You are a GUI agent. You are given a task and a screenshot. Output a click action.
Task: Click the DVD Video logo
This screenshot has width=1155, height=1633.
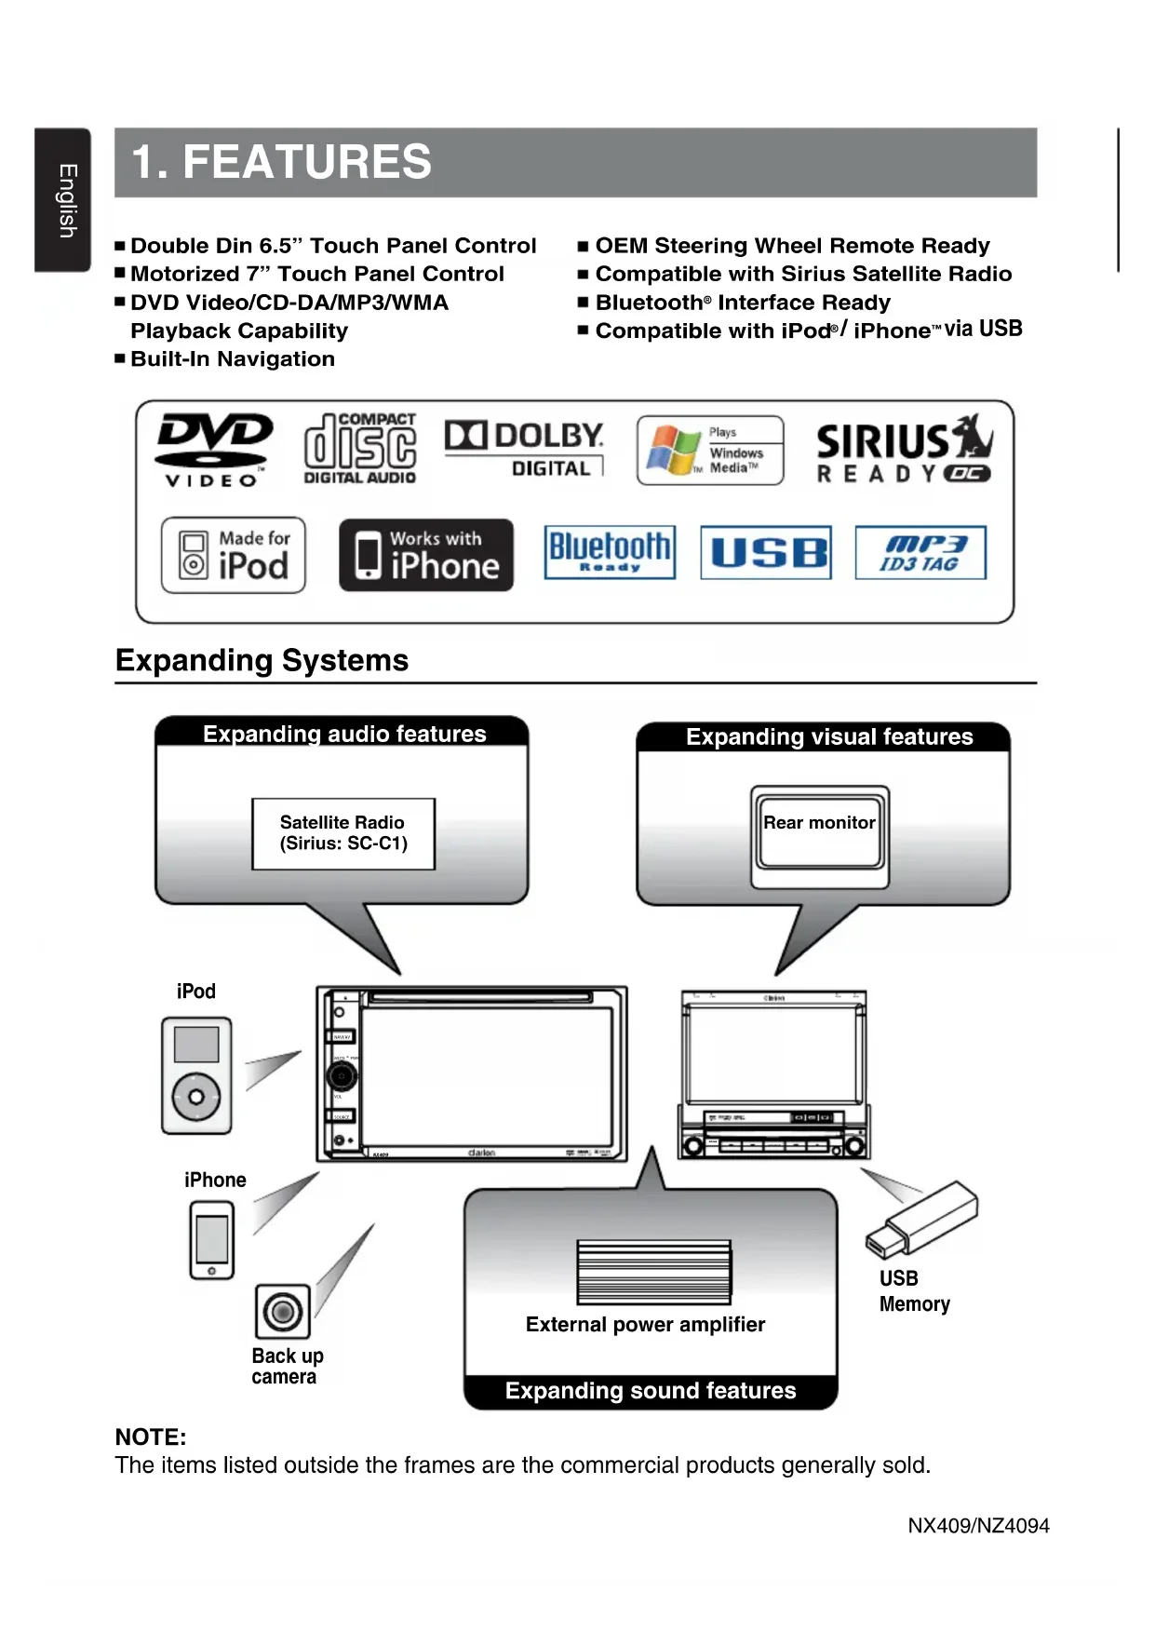(213, 450)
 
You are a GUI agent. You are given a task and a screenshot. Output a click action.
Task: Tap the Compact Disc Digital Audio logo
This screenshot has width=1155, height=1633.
(359, 449)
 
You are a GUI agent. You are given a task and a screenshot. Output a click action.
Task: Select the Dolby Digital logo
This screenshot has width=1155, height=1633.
(524, 449)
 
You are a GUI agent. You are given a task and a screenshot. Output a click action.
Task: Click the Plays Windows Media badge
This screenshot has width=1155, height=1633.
(709, 450)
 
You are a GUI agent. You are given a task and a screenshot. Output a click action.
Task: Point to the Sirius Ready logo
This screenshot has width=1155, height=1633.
(904, 450)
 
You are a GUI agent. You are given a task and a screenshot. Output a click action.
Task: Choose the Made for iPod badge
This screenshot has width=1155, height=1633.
(234, 555)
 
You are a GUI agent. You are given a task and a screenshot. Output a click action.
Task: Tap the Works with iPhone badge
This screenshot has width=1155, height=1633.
(425, 555)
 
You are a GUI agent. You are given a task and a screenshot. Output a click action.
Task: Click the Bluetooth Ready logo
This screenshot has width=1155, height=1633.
(610, 552)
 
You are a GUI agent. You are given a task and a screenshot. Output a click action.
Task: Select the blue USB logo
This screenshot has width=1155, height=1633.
(765, 553)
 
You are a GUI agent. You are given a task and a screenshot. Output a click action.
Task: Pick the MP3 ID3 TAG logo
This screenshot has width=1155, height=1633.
(920, 553)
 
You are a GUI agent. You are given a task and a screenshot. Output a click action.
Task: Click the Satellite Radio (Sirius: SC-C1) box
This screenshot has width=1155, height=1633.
(343, 833)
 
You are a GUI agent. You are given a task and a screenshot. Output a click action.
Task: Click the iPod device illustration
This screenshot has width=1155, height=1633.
(196, 1075)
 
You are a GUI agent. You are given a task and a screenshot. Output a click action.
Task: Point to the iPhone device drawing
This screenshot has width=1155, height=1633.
(212, 1239)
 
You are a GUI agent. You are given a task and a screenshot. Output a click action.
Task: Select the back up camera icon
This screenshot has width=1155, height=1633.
(282, 1312)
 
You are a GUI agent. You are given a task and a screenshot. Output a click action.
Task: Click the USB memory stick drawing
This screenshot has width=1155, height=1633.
(921, 1219)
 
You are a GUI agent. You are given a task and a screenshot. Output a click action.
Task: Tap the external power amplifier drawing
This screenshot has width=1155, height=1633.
(653, 1272)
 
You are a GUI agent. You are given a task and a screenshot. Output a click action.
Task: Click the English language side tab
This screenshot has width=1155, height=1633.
(63, 199)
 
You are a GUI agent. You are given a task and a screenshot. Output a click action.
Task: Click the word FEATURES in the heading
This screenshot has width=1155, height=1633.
(307, 162)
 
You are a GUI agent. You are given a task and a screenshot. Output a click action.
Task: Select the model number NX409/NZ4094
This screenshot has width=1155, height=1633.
(978, 1526)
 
